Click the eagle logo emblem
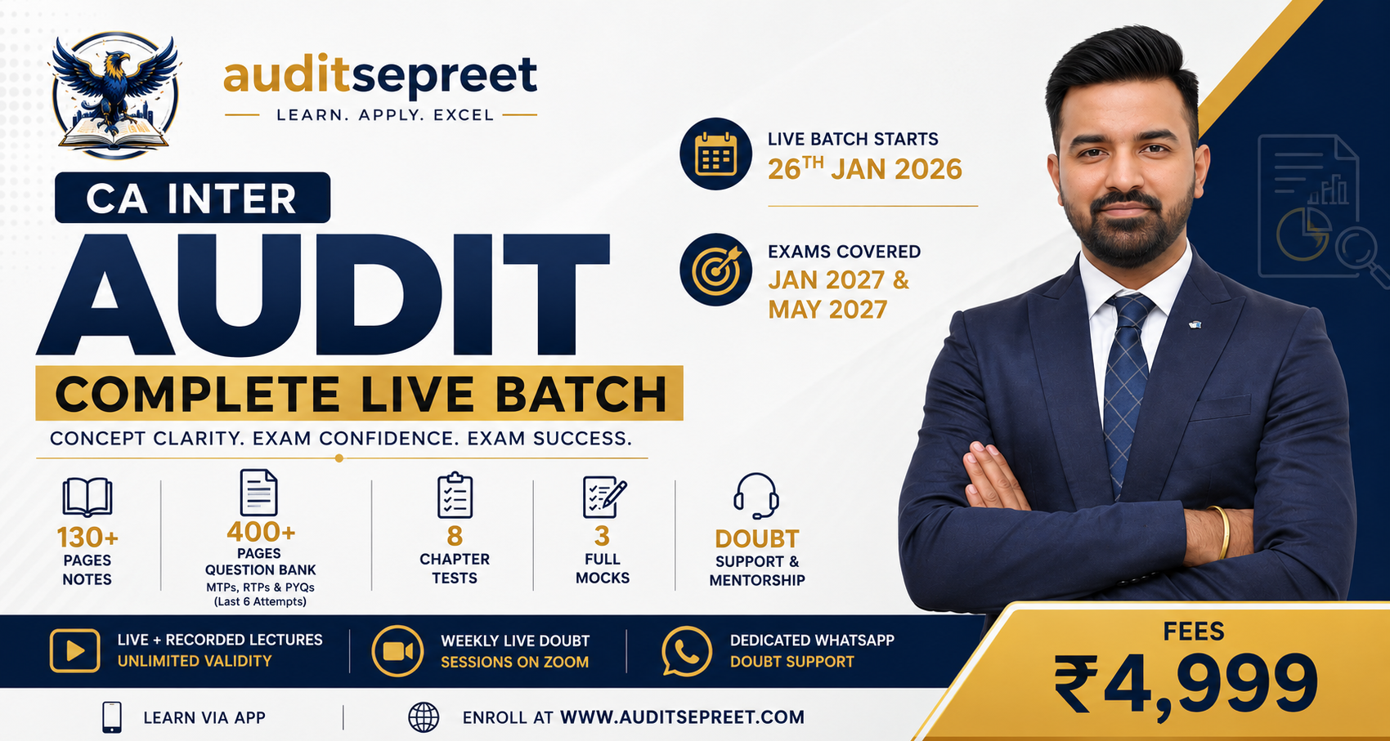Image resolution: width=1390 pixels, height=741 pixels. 115,94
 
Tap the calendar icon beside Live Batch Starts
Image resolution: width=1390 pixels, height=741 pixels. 715,154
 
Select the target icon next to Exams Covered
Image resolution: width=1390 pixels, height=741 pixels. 715,270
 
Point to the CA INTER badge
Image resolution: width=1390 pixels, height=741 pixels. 192,198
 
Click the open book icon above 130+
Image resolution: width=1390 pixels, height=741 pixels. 87,497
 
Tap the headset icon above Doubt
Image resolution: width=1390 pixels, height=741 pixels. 756,496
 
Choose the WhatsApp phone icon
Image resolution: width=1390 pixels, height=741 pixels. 686,651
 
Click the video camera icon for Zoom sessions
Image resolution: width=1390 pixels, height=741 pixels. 397,651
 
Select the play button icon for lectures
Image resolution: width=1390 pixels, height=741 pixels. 74,650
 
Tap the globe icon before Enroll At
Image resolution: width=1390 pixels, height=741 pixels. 424,717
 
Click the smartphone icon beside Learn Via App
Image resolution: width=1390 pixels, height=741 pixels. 112,717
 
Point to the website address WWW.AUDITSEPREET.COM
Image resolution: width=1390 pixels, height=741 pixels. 682,717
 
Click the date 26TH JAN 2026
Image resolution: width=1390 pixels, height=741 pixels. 864,168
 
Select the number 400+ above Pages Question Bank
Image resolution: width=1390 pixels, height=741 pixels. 261,532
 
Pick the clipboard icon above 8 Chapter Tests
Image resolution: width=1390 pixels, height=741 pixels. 455,495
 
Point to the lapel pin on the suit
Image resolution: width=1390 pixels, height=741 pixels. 1195,324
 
